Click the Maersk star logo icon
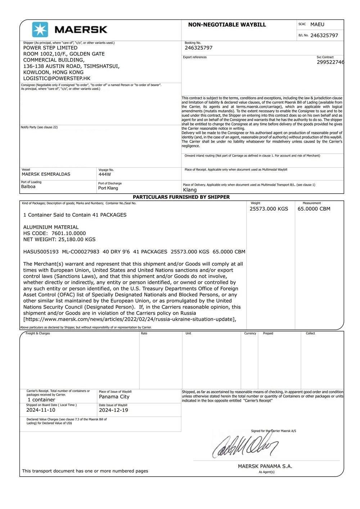point(40,30)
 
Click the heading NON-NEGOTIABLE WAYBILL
point(227,25)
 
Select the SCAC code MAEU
point(317,24)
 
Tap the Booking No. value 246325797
point(198,48)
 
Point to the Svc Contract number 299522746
point(330,62)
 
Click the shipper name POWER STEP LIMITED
point(50,48)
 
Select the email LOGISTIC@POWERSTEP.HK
point(57,78)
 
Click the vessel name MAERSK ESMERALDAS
point(46,174)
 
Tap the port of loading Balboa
point(28,186)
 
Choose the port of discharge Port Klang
point(108,188)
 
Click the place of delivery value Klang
point(190,190)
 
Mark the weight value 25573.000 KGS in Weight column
point(269,209)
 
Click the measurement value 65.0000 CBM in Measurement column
point(314,209)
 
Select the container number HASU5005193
point(41,252)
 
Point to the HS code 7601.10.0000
point(69,233)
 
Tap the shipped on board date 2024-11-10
point(41,410)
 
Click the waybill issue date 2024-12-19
point(113,410)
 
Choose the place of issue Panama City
point(114,397)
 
